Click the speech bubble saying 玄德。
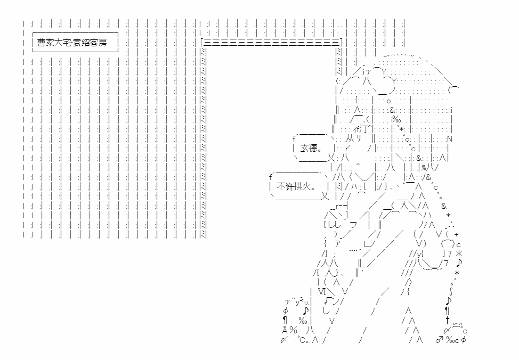(312, 148)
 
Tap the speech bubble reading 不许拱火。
(296, 187)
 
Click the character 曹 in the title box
(42, 42)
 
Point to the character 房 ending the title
(102, 42)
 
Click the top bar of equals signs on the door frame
(271, 42)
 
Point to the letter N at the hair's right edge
(449, 140)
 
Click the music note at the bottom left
(305, 310)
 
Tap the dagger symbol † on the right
(448, 320)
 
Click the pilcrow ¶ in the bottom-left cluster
(285, 320)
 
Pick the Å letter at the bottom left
(285, 330)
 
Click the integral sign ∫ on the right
(451, 291)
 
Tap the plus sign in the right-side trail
(456, 234)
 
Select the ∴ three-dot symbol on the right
(448, 224)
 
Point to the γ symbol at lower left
(288, 302)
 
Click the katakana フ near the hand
(353, 224)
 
